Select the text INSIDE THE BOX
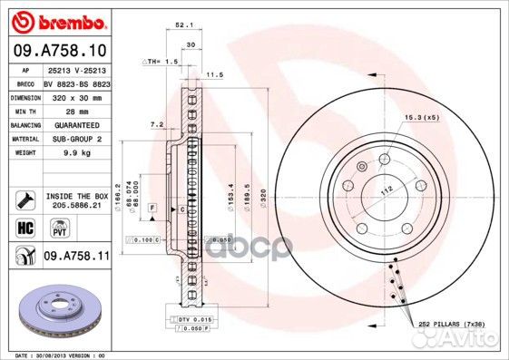pos(76,195)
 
